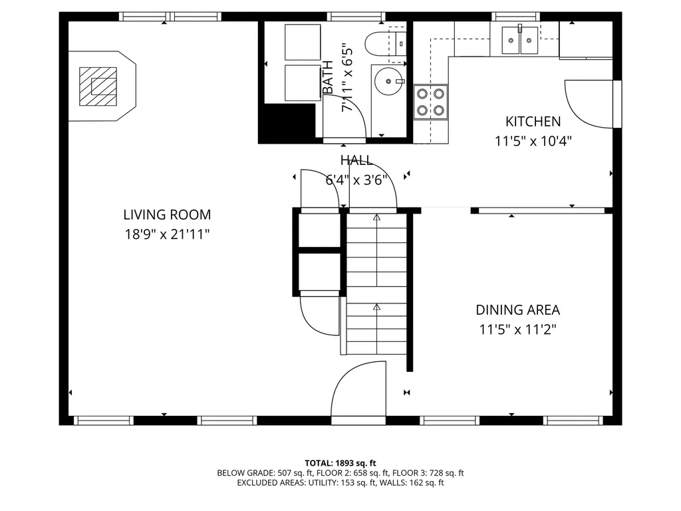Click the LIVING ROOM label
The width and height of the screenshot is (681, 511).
167,215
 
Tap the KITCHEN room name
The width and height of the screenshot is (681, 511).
533,121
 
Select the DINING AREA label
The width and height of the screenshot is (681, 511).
517,310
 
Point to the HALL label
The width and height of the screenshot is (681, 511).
356,160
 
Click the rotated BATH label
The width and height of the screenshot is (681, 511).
329,77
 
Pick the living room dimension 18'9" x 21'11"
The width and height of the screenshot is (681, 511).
167,235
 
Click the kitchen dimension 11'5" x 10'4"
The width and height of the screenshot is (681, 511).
533,141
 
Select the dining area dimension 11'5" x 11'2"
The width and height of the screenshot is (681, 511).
517,330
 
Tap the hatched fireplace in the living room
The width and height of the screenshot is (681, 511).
98,86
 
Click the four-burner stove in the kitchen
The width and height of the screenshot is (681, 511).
430,102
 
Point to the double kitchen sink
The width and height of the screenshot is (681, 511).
520,41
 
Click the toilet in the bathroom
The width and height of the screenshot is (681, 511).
385,44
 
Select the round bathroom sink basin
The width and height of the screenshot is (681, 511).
388,81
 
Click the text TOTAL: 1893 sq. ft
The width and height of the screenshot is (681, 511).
340,463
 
